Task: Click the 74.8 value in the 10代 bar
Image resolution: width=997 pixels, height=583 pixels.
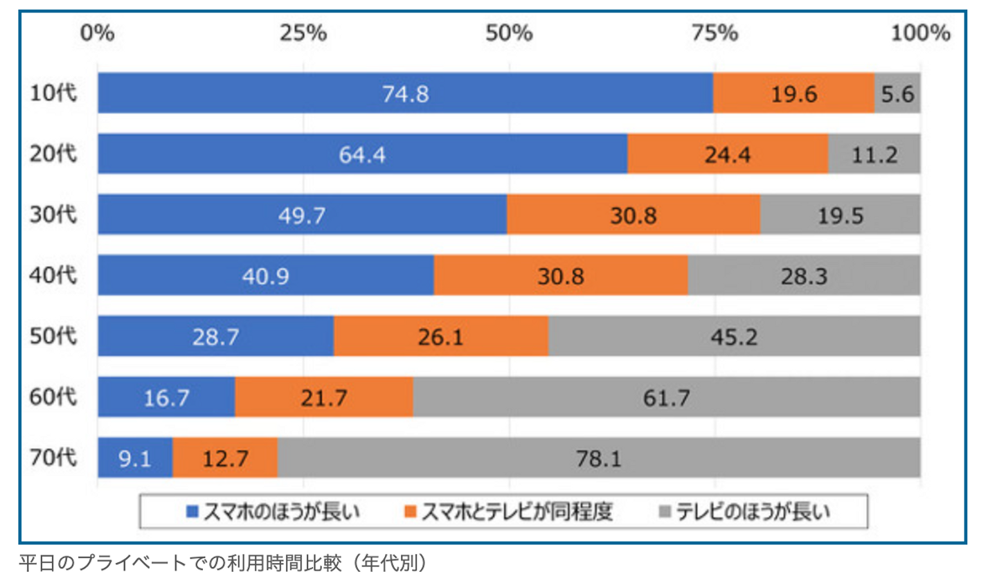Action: click(x=406, y=93)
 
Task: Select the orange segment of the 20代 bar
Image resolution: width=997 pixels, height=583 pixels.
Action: click(x=727, y=154)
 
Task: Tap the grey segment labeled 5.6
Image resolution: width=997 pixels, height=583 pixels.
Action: click(x=897, y=93)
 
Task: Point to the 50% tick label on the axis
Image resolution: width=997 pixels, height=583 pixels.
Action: click(x=509, y=33)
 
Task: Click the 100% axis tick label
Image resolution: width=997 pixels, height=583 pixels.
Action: click(x=919, y=33)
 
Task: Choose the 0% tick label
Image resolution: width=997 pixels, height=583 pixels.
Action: click(x=98, y=33)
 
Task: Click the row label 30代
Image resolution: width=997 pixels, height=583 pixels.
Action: click(x=53, y=215)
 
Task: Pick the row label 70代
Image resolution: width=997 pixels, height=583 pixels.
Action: click(x=53, y=458)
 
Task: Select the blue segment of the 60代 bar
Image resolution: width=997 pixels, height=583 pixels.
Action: click(x=166, y=397)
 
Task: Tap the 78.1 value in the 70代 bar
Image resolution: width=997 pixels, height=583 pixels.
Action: click(x=599, y=458)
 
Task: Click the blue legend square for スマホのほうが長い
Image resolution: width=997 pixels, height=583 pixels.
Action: click(x=193, y=512)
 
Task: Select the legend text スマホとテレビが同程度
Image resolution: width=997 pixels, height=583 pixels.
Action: click(x=517, y=512)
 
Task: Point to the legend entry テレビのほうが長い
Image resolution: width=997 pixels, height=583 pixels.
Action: click(x=752, y=512)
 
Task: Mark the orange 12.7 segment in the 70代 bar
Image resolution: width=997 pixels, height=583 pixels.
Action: click(x=225, y=458)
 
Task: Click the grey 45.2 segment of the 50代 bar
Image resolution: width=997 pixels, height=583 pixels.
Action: click(x=734, y=337)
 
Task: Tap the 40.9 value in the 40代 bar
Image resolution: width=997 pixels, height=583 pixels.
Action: click(x=266, y=276)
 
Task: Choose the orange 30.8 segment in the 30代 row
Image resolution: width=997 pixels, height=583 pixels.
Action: click(x=633, y=215)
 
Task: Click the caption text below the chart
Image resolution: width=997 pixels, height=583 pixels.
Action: click(x=222, y=563)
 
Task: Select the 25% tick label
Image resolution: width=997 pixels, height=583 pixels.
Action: click(x=303, y=33)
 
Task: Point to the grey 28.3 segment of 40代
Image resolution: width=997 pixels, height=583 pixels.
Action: click(x=804, y=276)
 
